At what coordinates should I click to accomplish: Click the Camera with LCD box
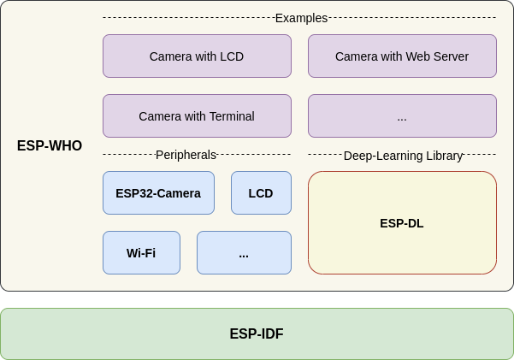pyautogui.click(x=197, y=56)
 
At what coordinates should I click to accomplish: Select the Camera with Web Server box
pyautogui.click(x=402, y=56)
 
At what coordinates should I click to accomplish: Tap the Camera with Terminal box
pyautogui.click(x=197, y=116)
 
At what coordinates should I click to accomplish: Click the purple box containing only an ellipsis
pyautogui.click(x=402, y=116)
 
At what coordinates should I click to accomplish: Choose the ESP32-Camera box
pyautogui.click(x=158, y=193)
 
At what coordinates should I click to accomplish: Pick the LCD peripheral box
pyautogui.click(x=261, y=193)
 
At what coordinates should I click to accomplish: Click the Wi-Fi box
pyautogui.click(x=141, y=253)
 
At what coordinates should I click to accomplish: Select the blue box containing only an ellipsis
pyautogui.click(x=244, y=253)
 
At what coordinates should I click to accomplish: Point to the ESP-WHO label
pyautogui.click(x=50, y=146)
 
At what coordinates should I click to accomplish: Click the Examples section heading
pyautogui.click(x=301, y=18)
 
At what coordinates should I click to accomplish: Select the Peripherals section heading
pyautogui.click(x=186, y=155)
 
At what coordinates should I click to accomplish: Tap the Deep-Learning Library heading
pyautogui.click(x=403, y=156)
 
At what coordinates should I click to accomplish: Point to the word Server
pyautogui.click(x=449, y=56)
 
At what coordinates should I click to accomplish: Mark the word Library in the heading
pyautogui.click(x=444, y=156)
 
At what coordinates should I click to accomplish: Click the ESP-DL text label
pyautogui.click(x=402, y=223)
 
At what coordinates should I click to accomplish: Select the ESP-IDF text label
pyautogui.click(x=257, y=334)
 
